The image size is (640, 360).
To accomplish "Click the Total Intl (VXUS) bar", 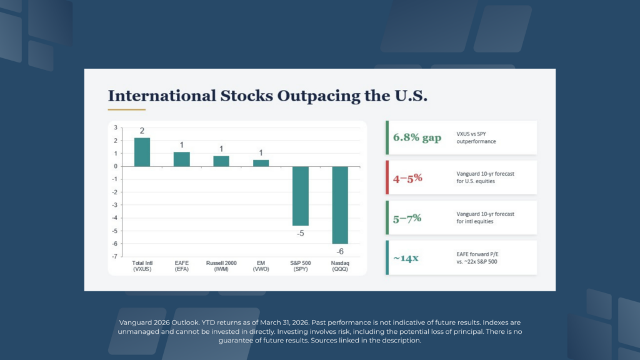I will (x=142, y=152).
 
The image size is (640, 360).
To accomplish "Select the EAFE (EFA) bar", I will (x=182, y=159).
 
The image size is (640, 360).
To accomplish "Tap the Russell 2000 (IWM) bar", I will (x=221, y=161).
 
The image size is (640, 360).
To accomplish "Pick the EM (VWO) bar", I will (x=261, y=163).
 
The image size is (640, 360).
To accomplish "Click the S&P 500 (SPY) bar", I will (x=301, y=196).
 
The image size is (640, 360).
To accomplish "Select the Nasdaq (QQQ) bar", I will (x=340, y=205).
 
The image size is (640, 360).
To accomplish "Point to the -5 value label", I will (x=301, y=233).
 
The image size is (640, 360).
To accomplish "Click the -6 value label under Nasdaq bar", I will (x=340, y=251).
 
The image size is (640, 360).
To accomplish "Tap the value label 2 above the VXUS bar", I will (x=142, y=131).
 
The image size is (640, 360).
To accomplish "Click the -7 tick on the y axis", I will (x=115, y=257).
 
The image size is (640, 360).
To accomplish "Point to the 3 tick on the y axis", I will (x=116, y=127).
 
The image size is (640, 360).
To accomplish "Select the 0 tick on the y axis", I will (x=116, y=166).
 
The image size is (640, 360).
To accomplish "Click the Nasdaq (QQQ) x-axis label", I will (x=340, y=266).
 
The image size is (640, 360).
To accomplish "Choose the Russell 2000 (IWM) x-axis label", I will (x=221, y=266).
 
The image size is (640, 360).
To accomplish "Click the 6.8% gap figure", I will (x=417, y=137).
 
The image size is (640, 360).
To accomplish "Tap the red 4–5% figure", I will (x=407, y=177).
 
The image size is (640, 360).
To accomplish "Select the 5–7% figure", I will (x=407, y=217).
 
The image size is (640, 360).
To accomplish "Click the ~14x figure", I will (x=406, y=257).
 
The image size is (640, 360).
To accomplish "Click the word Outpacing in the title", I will (x=304, y=96).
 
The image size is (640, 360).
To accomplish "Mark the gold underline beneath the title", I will (x=126, y=110).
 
